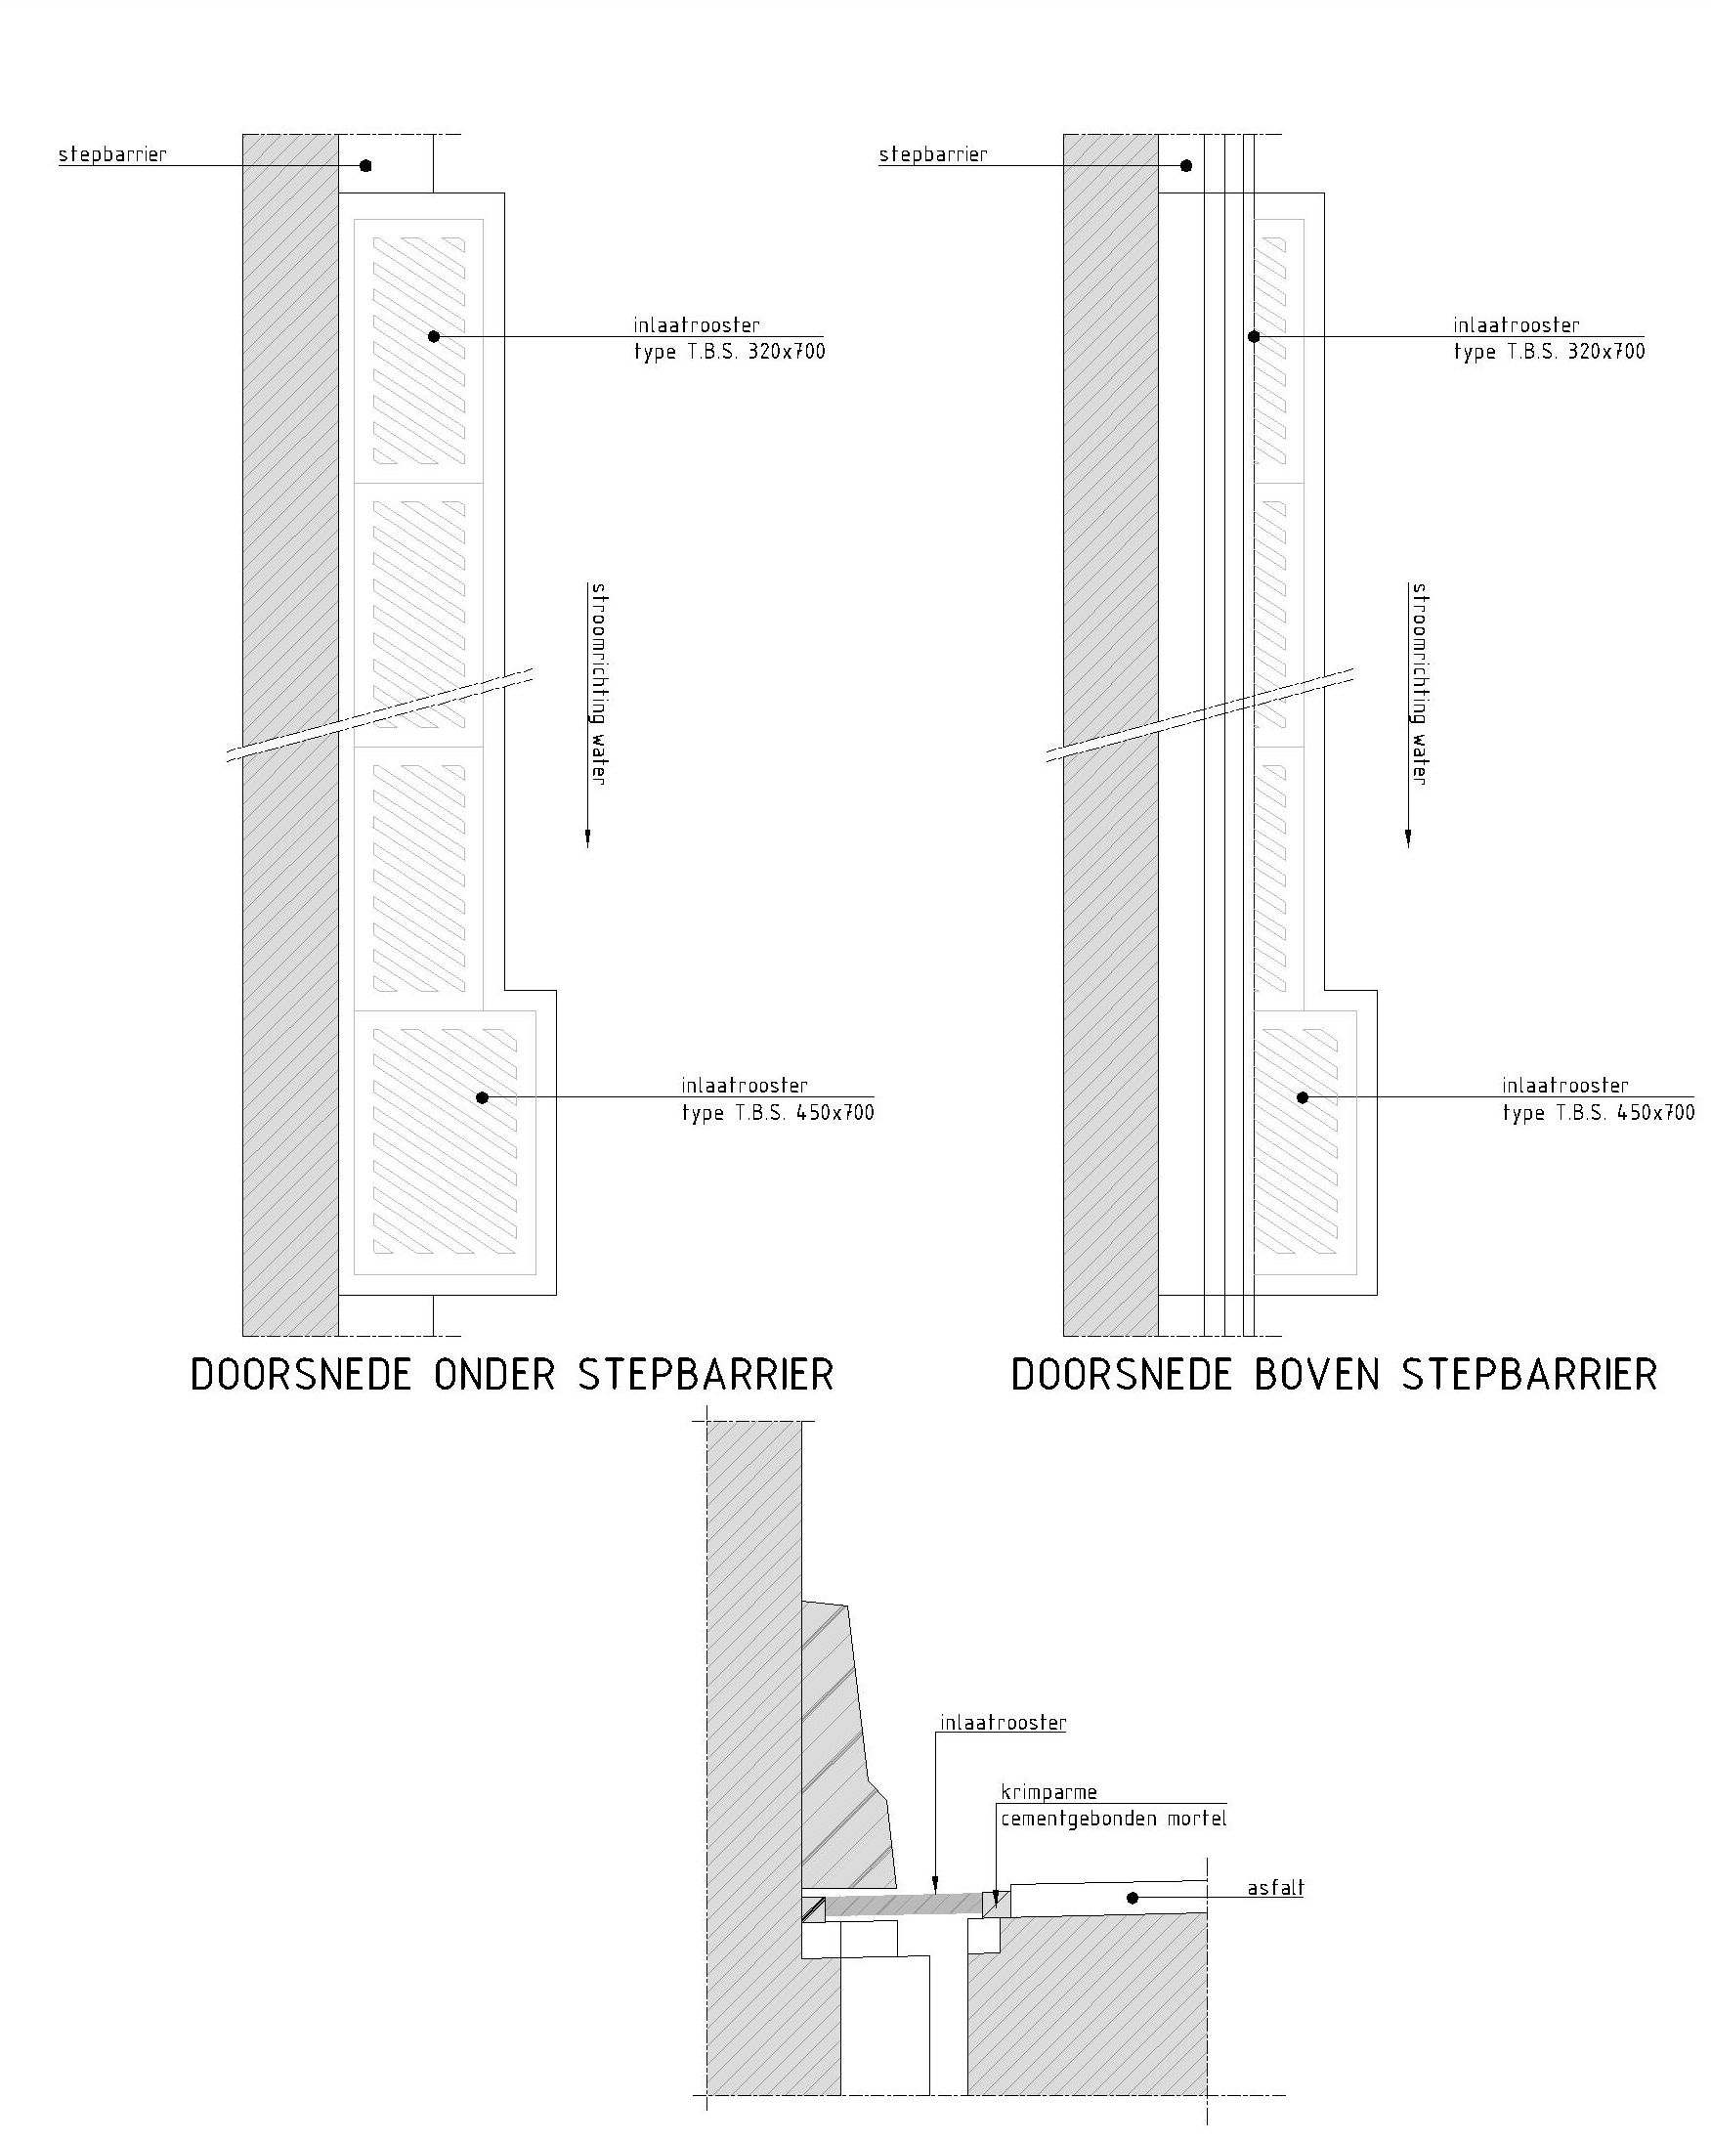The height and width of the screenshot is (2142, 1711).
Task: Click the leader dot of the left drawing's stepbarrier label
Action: (365, 166)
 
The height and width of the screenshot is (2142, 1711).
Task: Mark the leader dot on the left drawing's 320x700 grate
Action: (433, 337)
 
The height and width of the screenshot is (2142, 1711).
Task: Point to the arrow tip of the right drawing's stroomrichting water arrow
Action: (1408, 847)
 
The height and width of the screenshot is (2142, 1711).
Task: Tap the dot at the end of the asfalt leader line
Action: (1132, 1899)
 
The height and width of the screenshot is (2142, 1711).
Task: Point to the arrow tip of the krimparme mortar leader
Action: (996, 1905)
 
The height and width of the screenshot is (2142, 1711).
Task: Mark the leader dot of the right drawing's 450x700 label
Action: (1302, 1097)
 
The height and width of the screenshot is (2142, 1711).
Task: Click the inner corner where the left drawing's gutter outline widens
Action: (505, 991)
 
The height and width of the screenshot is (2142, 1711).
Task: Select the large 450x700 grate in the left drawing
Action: (446, 1142)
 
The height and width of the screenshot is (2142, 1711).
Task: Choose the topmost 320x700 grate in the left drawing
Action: (419, 352)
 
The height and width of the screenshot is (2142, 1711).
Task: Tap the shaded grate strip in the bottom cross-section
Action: (903, 1905)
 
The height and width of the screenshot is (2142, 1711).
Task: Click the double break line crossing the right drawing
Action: (1199, 715)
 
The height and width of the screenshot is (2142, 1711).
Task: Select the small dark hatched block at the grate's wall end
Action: (814, 1908)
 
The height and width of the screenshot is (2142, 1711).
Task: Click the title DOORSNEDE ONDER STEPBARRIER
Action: (512, 1375)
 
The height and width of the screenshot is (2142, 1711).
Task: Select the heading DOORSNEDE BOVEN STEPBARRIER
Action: (1335, 1375)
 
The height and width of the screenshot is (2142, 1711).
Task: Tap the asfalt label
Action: (1276, 1888)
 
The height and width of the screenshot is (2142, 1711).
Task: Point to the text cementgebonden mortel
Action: (1114, 1820)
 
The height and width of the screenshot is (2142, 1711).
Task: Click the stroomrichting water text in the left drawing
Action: (598, 685)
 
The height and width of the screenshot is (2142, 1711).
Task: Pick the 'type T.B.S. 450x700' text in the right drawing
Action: (1598, 1113)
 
